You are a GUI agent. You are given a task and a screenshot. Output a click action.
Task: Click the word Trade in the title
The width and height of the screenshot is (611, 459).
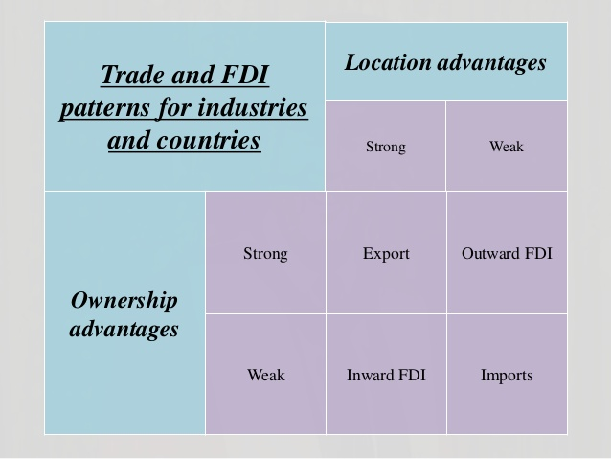tap(133, 75)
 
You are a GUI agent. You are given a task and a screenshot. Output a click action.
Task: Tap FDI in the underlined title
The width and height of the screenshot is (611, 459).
tap(245, 75)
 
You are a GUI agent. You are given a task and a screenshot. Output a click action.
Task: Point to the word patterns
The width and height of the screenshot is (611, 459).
tap(104, 108)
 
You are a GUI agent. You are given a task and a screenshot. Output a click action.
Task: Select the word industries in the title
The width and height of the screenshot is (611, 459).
tap(253, 107)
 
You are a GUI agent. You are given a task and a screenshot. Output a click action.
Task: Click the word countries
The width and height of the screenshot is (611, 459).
tap(209, 141)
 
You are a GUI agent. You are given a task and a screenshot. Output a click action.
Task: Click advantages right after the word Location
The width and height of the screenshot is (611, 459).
tap(491, 63)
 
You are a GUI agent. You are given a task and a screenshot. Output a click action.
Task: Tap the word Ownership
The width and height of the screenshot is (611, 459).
tap(124, 301)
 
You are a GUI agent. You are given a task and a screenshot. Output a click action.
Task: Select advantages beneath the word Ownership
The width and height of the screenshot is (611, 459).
tap(124, 329)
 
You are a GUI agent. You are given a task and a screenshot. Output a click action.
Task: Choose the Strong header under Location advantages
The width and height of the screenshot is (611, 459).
tap(386, 147)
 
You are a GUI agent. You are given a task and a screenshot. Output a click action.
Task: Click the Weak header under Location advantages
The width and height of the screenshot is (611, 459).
tap(507, 147)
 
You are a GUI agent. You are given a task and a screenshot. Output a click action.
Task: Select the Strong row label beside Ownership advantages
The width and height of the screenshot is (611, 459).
tap(265, 254)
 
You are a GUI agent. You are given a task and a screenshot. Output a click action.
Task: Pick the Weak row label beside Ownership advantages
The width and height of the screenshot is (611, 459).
tap(266, 376)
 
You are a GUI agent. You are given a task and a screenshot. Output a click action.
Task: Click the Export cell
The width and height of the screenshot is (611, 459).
tap(386, 254)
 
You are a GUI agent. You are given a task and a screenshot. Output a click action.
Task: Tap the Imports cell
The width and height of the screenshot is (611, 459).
tap(507, 376)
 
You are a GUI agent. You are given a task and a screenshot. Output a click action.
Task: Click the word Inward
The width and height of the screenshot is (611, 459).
tap(371, 376)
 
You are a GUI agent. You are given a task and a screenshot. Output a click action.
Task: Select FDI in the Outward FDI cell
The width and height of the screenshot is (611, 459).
tap(538, 254)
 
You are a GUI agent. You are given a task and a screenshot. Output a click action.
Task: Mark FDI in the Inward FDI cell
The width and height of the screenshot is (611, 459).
tap(412, 376)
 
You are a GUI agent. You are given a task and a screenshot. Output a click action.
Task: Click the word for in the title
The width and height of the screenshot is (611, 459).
tap(174, 108)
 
